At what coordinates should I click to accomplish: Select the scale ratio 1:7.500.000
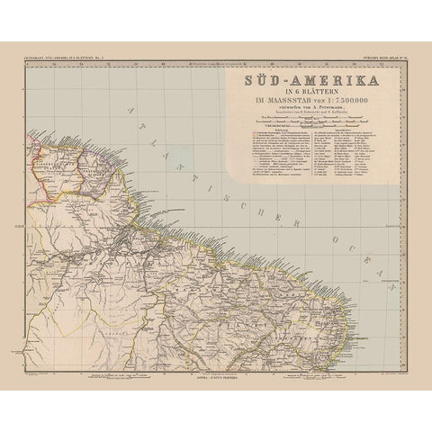click(337, 104)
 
